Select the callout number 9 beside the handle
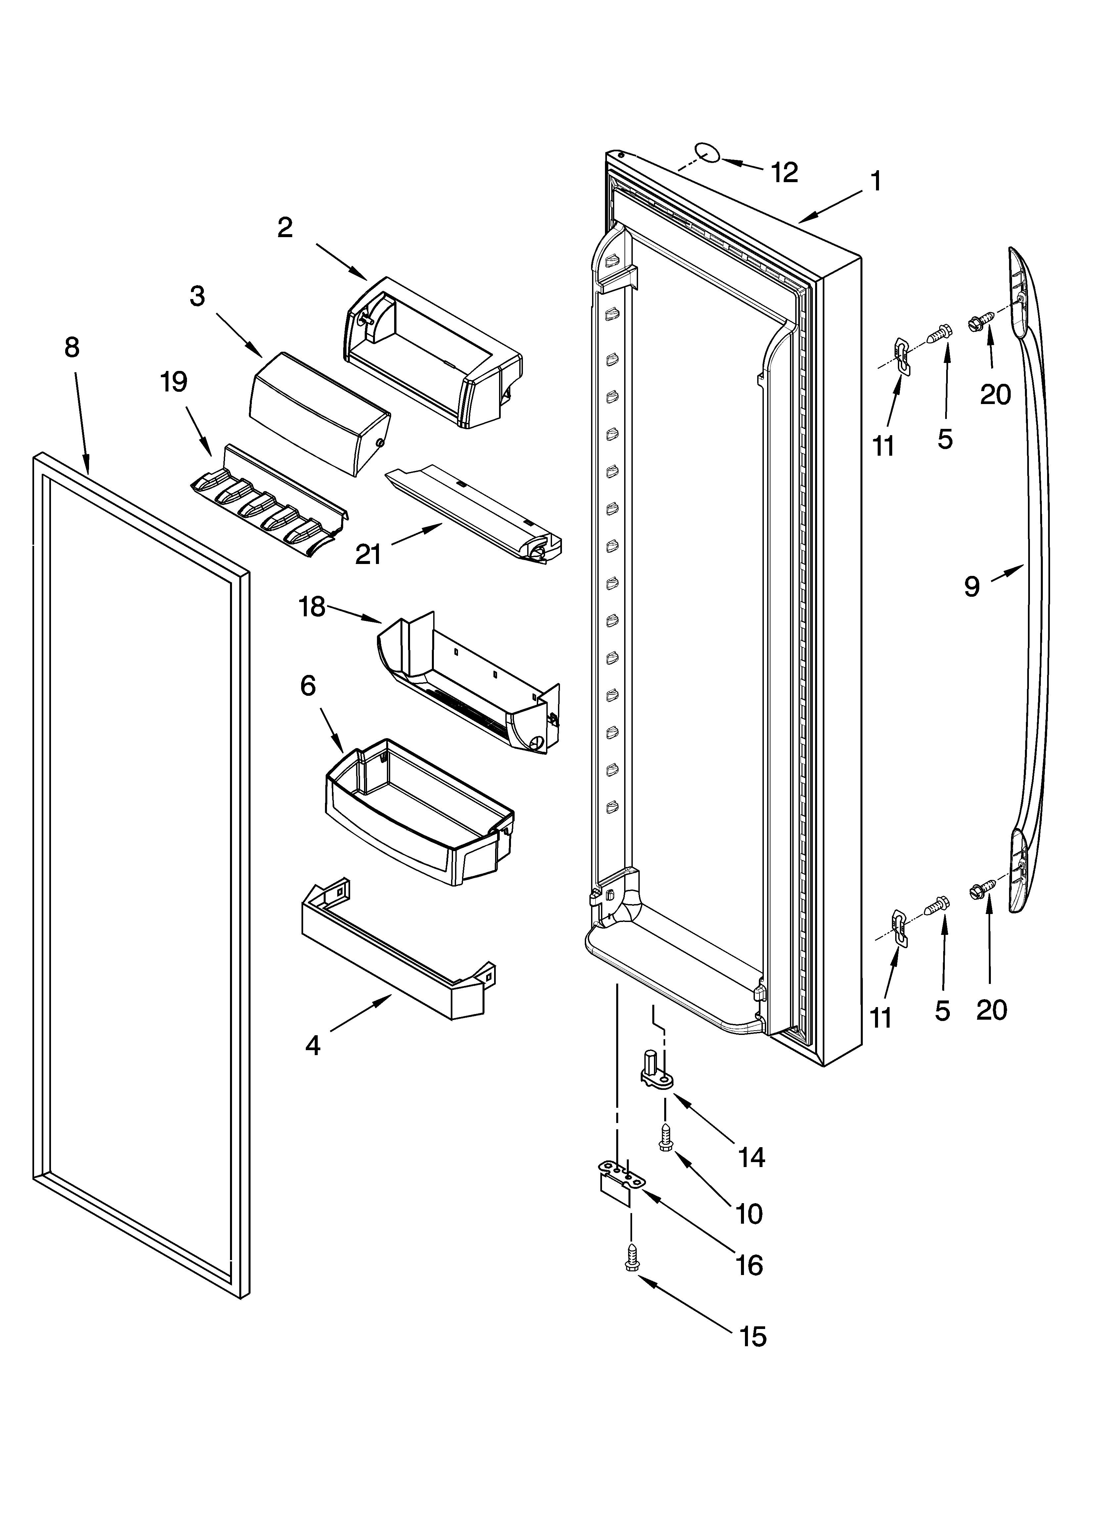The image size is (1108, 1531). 971,587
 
